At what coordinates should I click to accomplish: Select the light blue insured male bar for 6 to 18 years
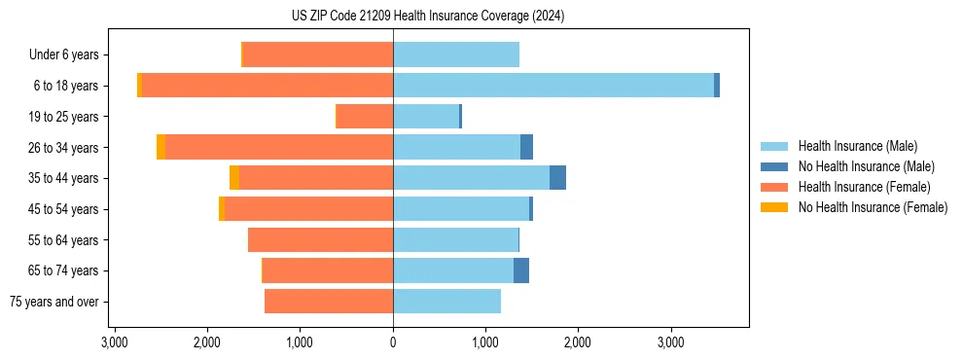[x=553, y=86]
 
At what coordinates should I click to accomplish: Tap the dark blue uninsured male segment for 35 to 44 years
[x=557, y=178]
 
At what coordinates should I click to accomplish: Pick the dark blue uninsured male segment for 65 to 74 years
[x=521, y=270]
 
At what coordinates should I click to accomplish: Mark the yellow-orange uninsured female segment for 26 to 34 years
[x=160, y=147]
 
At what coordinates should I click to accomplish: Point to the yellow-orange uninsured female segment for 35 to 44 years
[x=234, y=178]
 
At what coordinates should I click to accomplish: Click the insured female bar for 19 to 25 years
[x=365, y=117]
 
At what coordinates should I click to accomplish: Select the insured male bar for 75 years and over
[x=446, y=302]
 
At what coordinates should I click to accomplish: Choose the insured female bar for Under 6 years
[x=318, y=54]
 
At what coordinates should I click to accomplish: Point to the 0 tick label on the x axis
[x=393, y=342]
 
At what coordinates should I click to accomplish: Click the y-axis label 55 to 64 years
[x=64, y=240]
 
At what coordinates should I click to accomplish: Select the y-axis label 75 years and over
[x=53, y=302]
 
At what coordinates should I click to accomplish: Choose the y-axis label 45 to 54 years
[x=64, y=209]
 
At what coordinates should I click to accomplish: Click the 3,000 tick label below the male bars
[x=670, y=342]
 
